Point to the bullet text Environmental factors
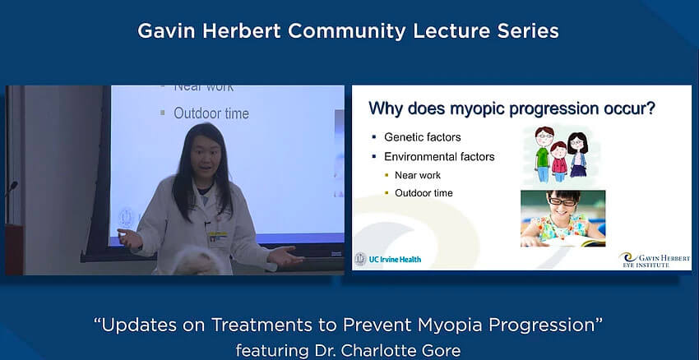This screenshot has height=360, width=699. [x=439, y=157]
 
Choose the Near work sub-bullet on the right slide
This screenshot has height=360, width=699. [x=418, y=176]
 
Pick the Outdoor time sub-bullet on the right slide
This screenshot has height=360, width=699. [x=424, y=193]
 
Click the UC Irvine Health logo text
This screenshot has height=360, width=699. [x=395, y=259]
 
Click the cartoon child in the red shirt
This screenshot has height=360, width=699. [x=558, y=161]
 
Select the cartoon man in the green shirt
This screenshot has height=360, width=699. [x=543, y=155]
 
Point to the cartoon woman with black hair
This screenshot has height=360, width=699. [x=576, y=155]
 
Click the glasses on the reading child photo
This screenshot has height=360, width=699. [x=562, y=202]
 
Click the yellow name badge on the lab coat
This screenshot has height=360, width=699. [x=218, y=235]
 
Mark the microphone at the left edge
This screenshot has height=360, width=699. [x=12, y=187]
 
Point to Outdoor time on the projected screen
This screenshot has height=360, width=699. [x=211, y=113]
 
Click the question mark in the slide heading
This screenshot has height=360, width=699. [x=650, y=108]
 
